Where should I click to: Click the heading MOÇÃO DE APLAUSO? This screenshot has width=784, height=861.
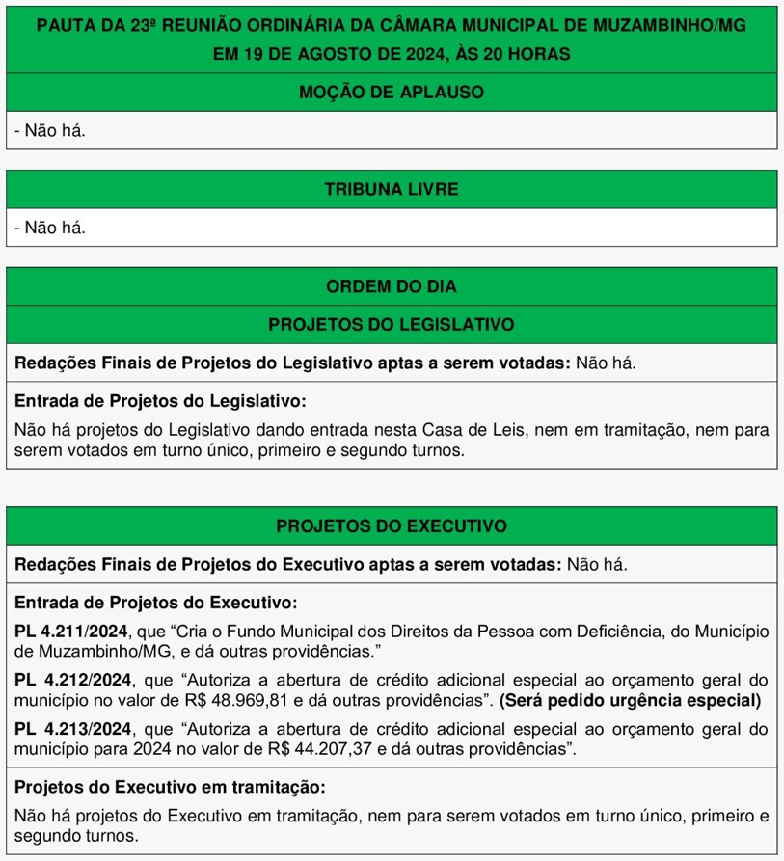coord(392,93)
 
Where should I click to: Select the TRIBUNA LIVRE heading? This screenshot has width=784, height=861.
coord(392,189)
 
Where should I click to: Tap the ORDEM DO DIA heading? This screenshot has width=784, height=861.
coord(392,286)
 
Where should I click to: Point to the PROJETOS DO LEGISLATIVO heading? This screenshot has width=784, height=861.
coord(392,325)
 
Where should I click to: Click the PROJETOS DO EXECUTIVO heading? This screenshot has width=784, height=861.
coord(392,526)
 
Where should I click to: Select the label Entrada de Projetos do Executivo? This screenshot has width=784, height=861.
coord(155,603)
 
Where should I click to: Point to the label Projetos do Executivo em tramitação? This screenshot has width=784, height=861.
coord(170,786)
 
